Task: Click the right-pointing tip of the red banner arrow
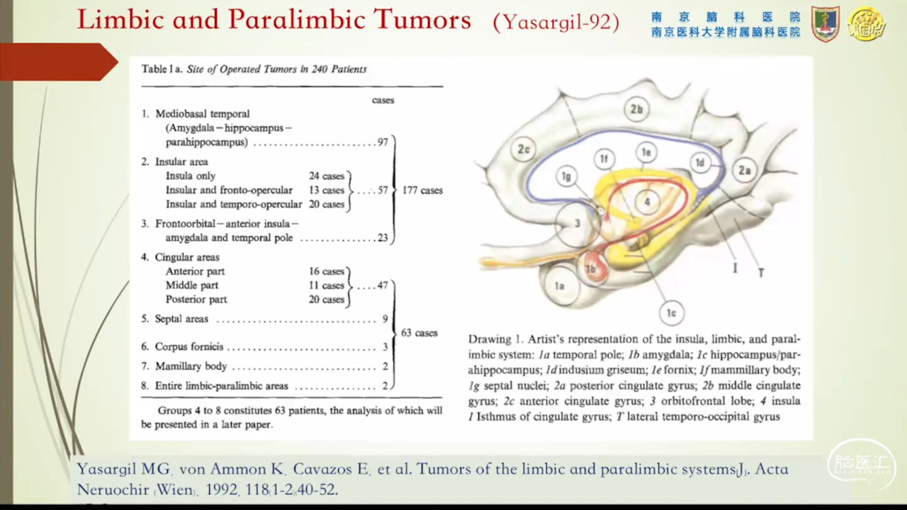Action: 118,62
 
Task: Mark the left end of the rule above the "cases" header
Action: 141,86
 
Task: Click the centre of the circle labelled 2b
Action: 636,109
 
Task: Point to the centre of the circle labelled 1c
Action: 671,313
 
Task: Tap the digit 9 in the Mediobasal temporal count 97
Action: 381,142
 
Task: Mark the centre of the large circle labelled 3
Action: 578,223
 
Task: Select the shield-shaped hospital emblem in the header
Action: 826,24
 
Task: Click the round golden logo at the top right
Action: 867,24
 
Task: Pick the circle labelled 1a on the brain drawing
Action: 559,286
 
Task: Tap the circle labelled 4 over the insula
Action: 647,202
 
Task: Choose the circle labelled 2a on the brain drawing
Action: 744,171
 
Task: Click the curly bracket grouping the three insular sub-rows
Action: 350,191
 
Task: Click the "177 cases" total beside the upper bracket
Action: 422,191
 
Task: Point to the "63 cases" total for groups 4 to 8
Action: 419,333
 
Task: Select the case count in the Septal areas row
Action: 385,319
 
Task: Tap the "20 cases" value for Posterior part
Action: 327,300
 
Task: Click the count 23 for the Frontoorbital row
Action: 383,237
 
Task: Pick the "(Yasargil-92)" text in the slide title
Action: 556,22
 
